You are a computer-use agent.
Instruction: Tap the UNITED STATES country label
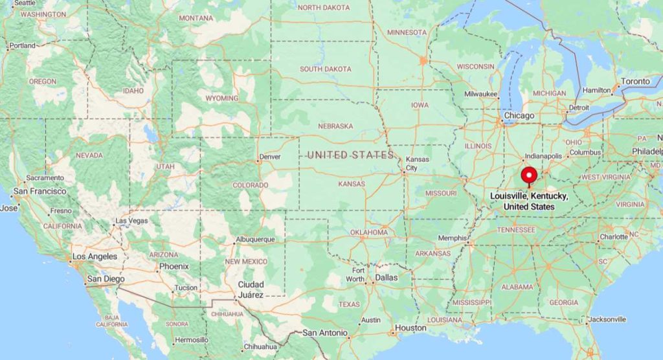[350, 155]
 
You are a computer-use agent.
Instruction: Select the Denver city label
[270, 157]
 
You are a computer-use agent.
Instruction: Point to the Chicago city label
[519, 116]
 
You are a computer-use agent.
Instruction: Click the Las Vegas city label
[131, 221]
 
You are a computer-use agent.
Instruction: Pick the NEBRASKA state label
[335, 126]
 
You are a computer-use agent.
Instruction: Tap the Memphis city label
[452, 238]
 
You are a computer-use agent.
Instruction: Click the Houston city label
[410, 328]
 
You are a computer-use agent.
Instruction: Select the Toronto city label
[635, 82]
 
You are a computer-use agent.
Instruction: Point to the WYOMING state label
[222, 98]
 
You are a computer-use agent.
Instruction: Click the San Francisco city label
[39, 192]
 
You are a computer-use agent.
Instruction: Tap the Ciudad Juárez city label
[251, 289]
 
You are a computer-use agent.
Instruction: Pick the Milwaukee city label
[481, 95]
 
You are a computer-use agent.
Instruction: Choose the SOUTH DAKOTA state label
[325, 69]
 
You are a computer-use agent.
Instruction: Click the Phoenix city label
[174, 266]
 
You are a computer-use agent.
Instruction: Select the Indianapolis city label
[542, 156]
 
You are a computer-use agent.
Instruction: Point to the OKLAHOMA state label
[369, 232]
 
